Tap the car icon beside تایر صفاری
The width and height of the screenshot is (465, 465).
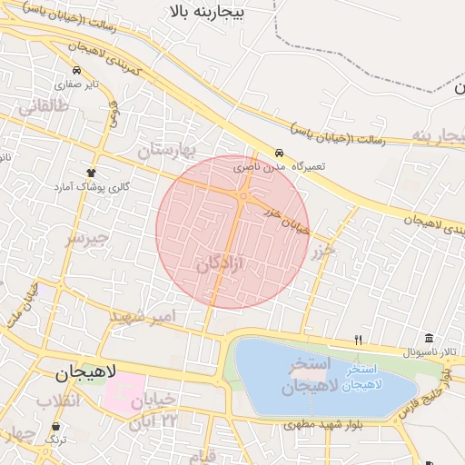point(76,70)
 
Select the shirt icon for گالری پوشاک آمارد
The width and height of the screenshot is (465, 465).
point(91,172)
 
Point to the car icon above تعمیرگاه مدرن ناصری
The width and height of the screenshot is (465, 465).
point(280,153)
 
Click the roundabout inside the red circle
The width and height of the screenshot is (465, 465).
point(243,195)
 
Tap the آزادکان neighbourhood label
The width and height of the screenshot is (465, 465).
point(220,263)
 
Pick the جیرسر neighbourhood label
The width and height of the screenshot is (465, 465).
point(86,239)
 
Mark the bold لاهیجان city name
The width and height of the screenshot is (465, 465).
point(85,372)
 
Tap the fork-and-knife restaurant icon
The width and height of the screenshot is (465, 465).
point(359,341)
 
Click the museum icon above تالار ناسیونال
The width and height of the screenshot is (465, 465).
point(429,338)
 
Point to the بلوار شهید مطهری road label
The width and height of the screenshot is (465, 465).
point(323,424)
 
